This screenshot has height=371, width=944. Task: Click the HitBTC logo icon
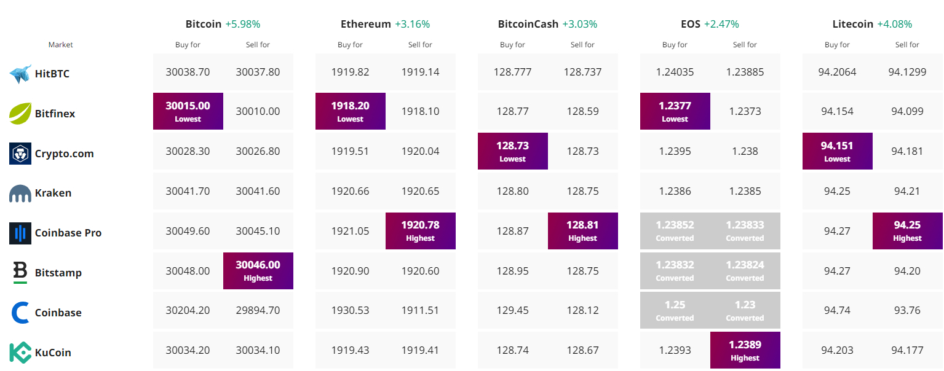(x=20, y=74)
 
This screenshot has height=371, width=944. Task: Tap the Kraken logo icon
(x=20, y=193)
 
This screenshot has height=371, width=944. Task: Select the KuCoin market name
(x=53, y=353)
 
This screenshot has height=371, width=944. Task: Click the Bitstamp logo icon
(x=20, y=273)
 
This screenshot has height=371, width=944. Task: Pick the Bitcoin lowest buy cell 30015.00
(x=188, y=111)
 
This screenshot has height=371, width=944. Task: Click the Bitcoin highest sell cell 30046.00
(x=258, y=271)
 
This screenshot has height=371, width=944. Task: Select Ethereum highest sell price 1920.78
(x=420, y=231)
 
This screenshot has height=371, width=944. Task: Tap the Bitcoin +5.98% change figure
(x=243, y=24)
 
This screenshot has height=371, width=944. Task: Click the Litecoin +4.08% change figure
(x=894, y=24)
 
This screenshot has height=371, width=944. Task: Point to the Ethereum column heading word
(x=365, y=24)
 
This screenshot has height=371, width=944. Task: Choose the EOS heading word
(x=690, y=24)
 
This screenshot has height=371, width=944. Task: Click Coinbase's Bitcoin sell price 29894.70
(x=258, y=310)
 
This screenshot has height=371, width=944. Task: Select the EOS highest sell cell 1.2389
(x=745, y=350)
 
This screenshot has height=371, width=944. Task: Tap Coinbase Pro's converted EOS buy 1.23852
(x=675, y=231)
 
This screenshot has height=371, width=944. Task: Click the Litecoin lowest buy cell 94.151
(x=838, y=151)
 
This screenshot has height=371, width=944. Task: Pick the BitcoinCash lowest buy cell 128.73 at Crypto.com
(x=512, y=151)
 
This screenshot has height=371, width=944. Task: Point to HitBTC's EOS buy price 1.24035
(x=675, y=72)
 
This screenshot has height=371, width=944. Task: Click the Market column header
(x=61, y=45)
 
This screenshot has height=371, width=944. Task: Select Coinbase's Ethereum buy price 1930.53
(x=350, y=310)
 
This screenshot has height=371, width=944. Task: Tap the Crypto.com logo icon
(x=20, y=154)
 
